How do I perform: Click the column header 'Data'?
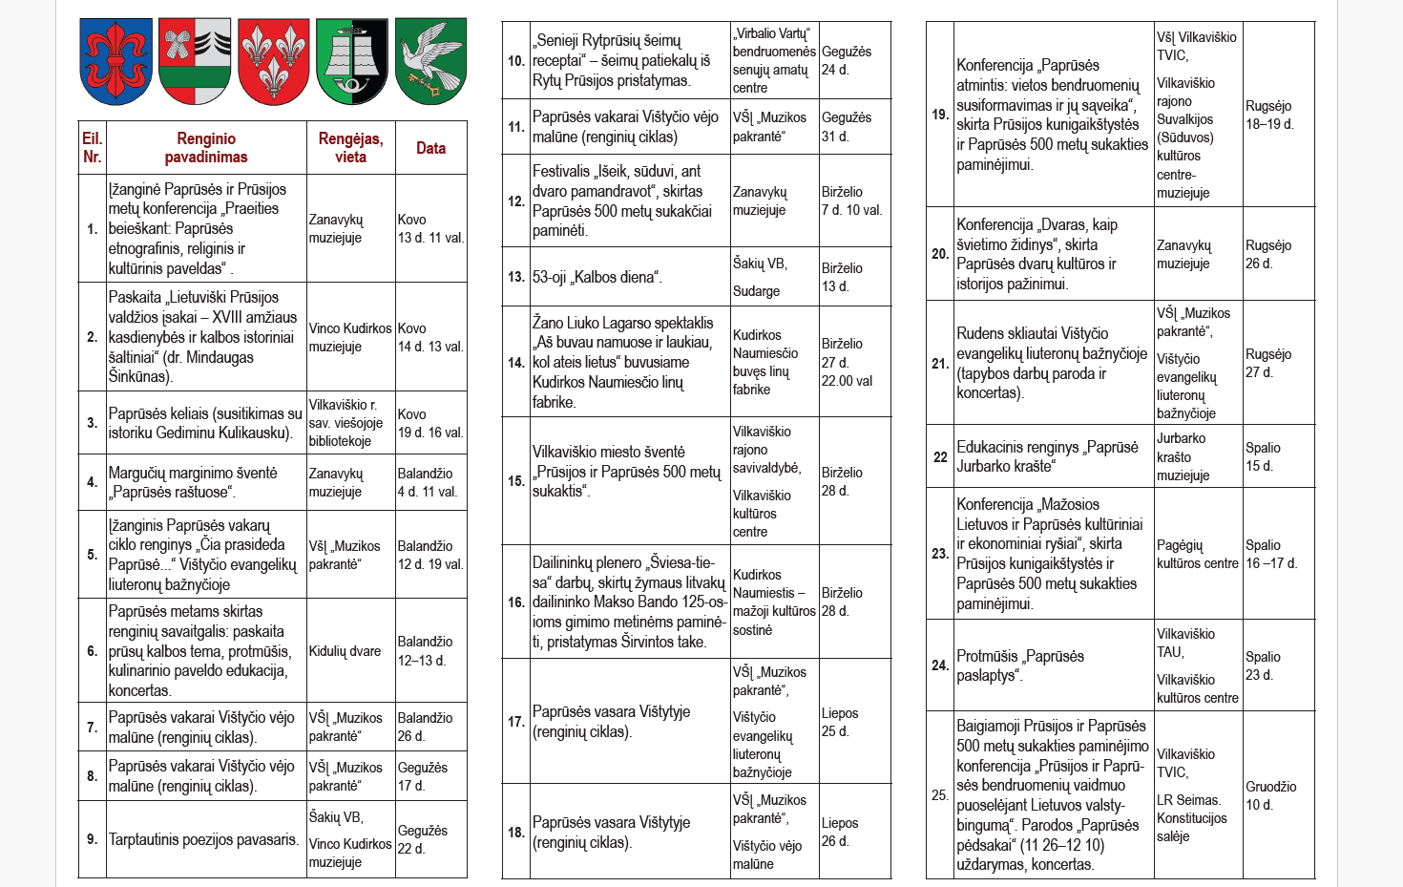click(430, 148)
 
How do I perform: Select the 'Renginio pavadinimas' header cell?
click(206, 148)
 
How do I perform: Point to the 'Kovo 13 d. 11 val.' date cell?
click(430, 228)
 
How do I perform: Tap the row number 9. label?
click(93, 839)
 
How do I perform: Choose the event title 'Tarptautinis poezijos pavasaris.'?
click(203, 839)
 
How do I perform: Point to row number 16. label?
click(516, 602)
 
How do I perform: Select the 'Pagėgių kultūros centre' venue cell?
click(1197, 554)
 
